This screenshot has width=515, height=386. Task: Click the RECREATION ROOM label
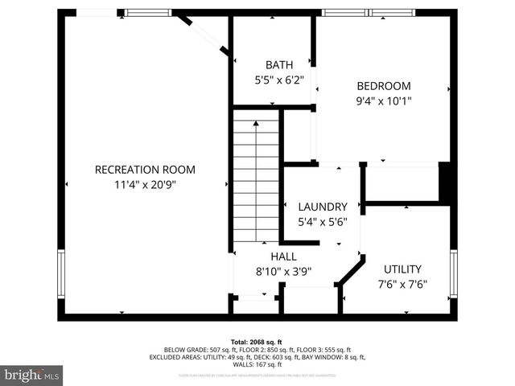point(145,170)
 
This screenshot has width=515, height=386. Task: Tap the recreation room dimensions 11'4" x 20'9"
point(145,184)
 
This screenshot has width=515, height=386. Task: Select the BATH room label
point(279,65)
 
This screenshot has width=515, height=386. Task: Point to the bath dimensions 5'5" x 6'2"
point(279,80)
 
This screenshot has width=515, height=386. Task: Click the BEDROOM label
point(384,87)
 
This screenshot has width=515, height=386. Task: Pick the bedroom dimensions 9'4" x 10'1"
point(384,101)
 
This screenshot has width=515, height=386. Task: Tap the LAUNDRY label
point(322,207)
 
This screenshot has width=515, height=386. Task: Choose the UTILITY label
point(402,269)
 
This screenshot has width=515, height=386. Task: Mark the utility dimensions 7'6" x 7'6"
point(402,284)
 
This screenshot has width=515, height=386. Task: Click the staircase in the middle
point(256,177)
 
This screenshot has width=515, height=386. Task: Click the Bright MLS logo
point(32,375)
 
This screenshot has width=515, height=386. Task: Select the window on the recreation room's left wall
point(60,273)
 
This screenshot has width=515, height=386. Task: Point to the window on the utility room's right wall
point(454,273)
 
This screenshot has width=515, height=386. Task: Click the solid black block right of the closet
point(444,182)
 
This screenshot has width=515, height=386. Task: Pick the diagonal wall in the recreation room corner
point(205,36)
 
